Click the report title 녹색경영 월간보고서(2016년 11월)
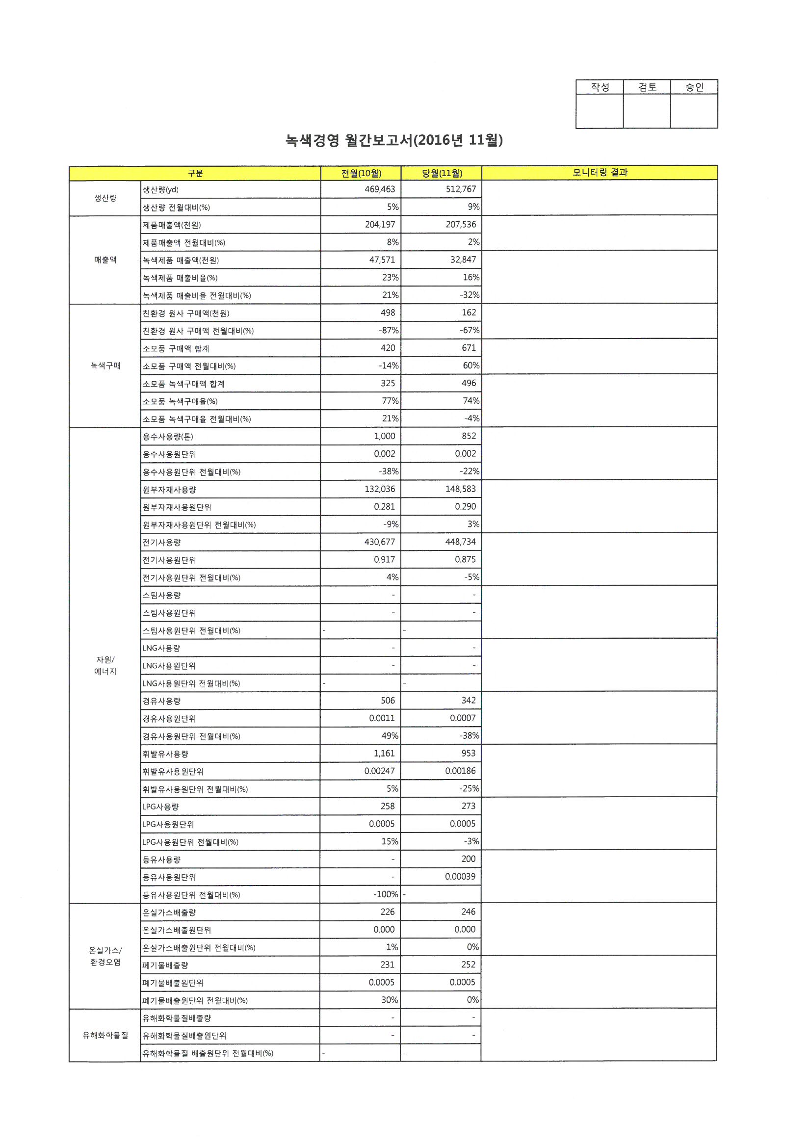point(394,140)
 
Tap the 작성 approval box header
point(600,87)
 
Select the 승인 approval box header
point(694,87)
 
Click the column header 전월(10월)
point(361,173)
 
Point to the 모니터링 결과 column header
point(600,173)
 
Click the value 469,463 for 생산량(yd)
point(380,189)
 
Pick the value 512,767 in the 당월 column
point(461,189)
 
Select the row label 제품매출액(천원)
point(172,225)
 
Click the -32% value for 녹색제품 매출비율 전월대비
point(469,295)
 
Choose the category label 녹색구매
point(105,365)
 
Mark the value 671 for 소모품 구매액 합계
point(469,348)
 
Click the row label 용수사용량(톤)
point(168,437)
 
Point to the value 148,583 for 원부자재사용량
point(460,489)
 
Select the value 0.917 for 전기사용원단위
point(384,559)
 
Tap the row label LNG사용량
point(161,648)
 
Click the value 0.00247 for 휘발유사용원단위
point(379,771)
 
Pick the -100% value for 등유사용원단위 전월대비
point(386,894)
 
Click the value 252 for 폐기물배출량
point(468,965)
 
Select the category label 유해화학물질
point(105,1036)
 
